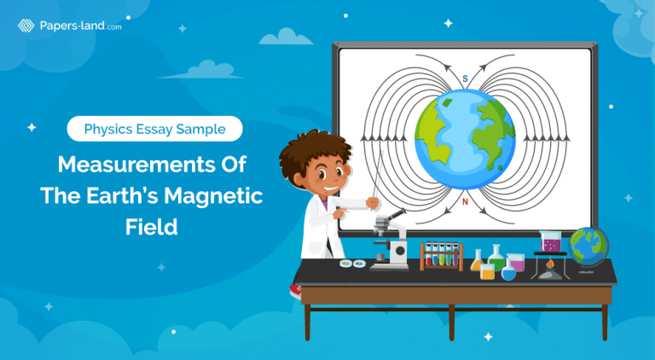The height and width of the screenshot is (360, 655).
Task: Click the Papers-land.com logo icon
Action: pyautogui.click(x=26, y=26)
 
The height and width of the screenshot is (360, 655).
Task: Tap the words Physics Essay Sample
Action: pyautogui.click(x=154, y=130)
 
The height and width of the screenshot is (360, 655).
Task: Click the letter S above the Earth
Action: pyautogui.click(x=465, y=79)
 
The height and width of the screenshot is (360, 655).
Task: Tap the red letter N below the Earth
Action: pyautogui.click(x=465, y=201)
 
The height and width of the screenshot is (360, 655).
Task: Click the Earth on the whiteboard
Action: pyautogui.click(x=466, y=139)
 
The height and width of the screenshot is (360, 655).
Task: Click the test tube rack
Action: pyautogui.click(x=441, y=257)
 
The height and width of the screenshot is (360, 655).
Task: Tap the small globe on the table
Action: pyautogui.click(x=588, y=246)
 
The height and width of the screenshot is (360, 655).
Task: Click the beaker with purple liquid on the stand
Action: pyautogui.click(x=551, y=243)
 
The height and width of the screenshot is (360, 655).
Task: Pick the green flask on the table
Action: pyautogui.click(x=496, y=259)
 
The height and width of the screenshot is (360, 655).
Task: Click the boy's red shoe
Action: pyautogui.click(x=296, y=290)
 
